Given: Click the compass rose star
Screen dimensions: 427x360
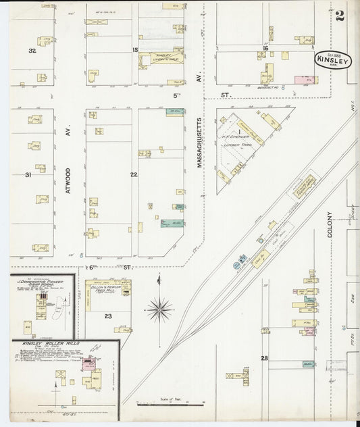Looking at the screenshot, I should pos(159,310).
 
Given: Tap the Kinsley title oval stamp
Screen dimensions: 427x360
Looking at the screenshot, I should pos(332,61).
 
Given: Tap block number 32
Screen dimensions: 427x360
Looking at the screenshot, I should pos(31,51).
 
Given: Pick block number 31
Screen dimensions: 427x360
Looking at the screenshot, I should pos(28,175).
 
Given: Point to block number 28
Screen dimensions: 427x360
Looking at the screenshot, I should pos(265,357).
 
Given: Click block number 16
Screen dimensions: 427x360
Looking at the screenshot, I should pos(266,49).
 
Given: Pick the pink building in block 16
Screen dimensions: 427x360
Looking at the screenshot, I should pos(297,79).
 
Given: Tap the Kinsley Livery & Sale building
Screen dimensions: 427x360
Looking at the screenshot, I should pos(161,59).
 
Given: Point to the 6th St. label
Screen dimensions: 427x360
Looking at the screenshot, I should pos(98,268).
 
